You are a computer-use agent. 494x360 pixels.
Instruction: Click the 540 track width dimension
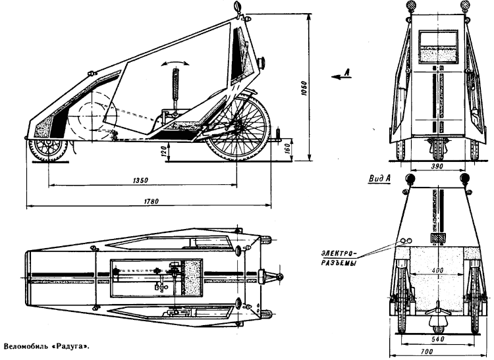pyautogui.click(x=435, y=340)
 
